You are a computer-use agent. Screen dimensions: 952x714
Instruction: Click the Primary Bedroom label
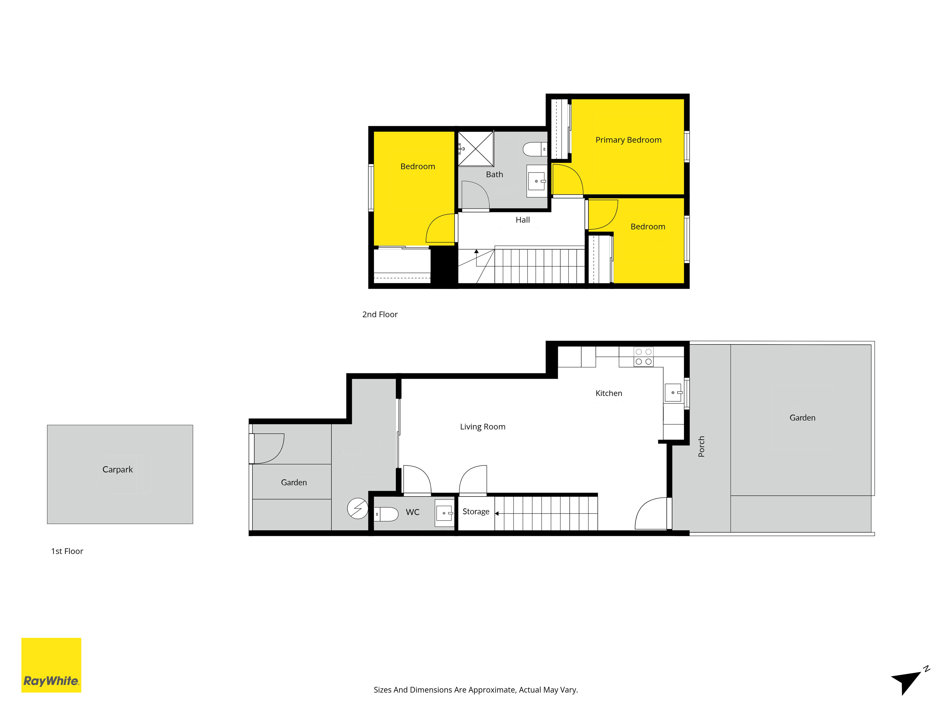(x=628, y=140)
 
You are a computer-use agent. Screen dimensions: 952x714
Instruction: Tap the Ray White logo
(x=51, y=665)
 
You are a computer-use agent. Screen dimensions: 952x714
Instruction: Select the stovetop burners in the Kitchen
(x=643, y=357)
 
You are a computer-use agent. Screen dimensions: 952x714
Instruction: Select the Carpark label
(x=118, y=470)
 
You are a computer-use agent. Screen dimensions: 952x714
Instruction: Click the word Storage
(x=476, y=512)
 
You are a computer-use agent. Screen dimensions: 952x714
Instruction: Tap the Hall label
(x=523, y=220)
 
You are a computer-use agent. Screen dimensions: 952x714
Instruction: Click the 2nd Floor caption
(x=380, y=315)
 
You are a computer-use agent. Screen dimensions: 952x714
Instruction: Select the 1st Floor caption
(x=67, y=551)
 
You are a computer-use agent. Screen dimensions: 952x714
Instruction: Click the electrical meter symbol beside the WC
(x=358, y=508)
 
